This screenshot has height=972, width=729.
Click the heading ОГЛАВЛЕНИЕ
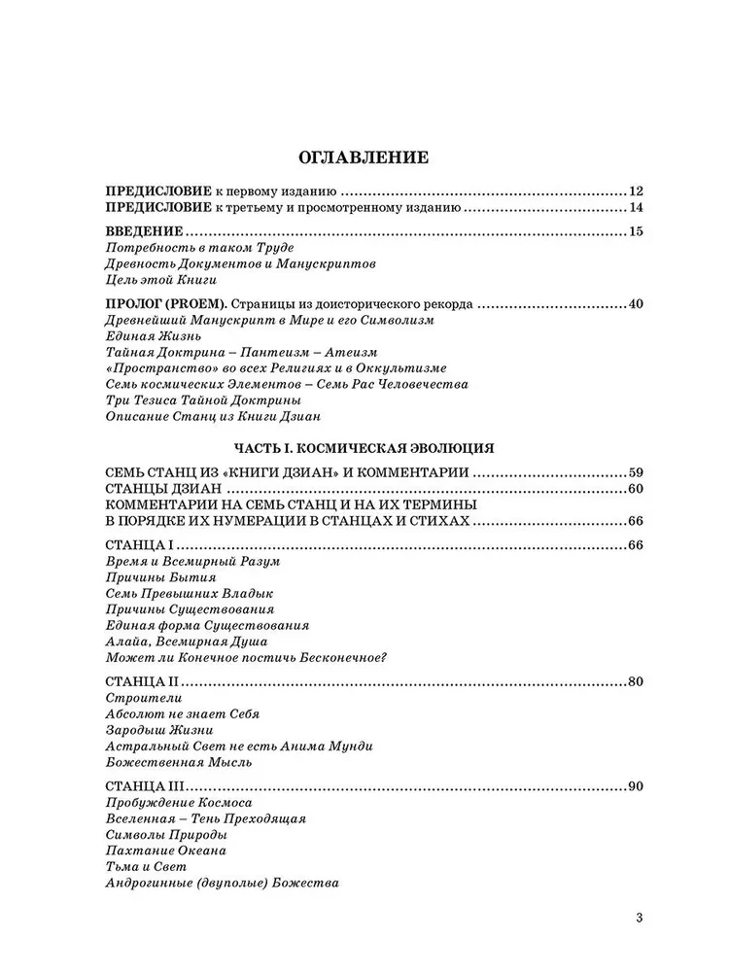pyautogui.click(x=364, y=156)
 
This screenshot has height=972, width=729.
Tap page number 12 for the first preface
pyautogui.click(x=637, y=191)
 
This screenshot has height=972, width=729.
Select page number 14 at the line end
pyautogui.click(x=637, y=207)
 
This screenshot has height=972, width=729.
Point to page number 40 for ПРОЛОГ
pyautogui.click(x=637, y=304)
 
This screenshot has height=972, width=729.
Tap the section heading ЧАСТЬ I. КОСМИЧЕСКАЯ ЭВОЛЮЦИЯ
pyautogui.click(x=364, y=448)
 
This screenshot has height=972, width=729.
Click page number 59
pyautogui.click(x=637, y=472)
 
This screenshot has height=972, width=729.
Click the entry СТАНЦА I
pyautogui.click(x=141, y=544)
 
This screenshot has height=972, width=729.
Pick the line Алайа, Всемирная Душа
pyautogui.click(x=184, y=642)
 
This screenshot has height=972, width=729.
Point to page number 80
pyautogui.click(x=637, y=681)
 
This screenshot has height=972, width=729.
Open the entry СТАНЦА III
pyautogui.click(x=147, y=786)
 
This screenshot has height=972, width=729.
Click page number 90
pyautogui.click(x=637, y=786)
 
